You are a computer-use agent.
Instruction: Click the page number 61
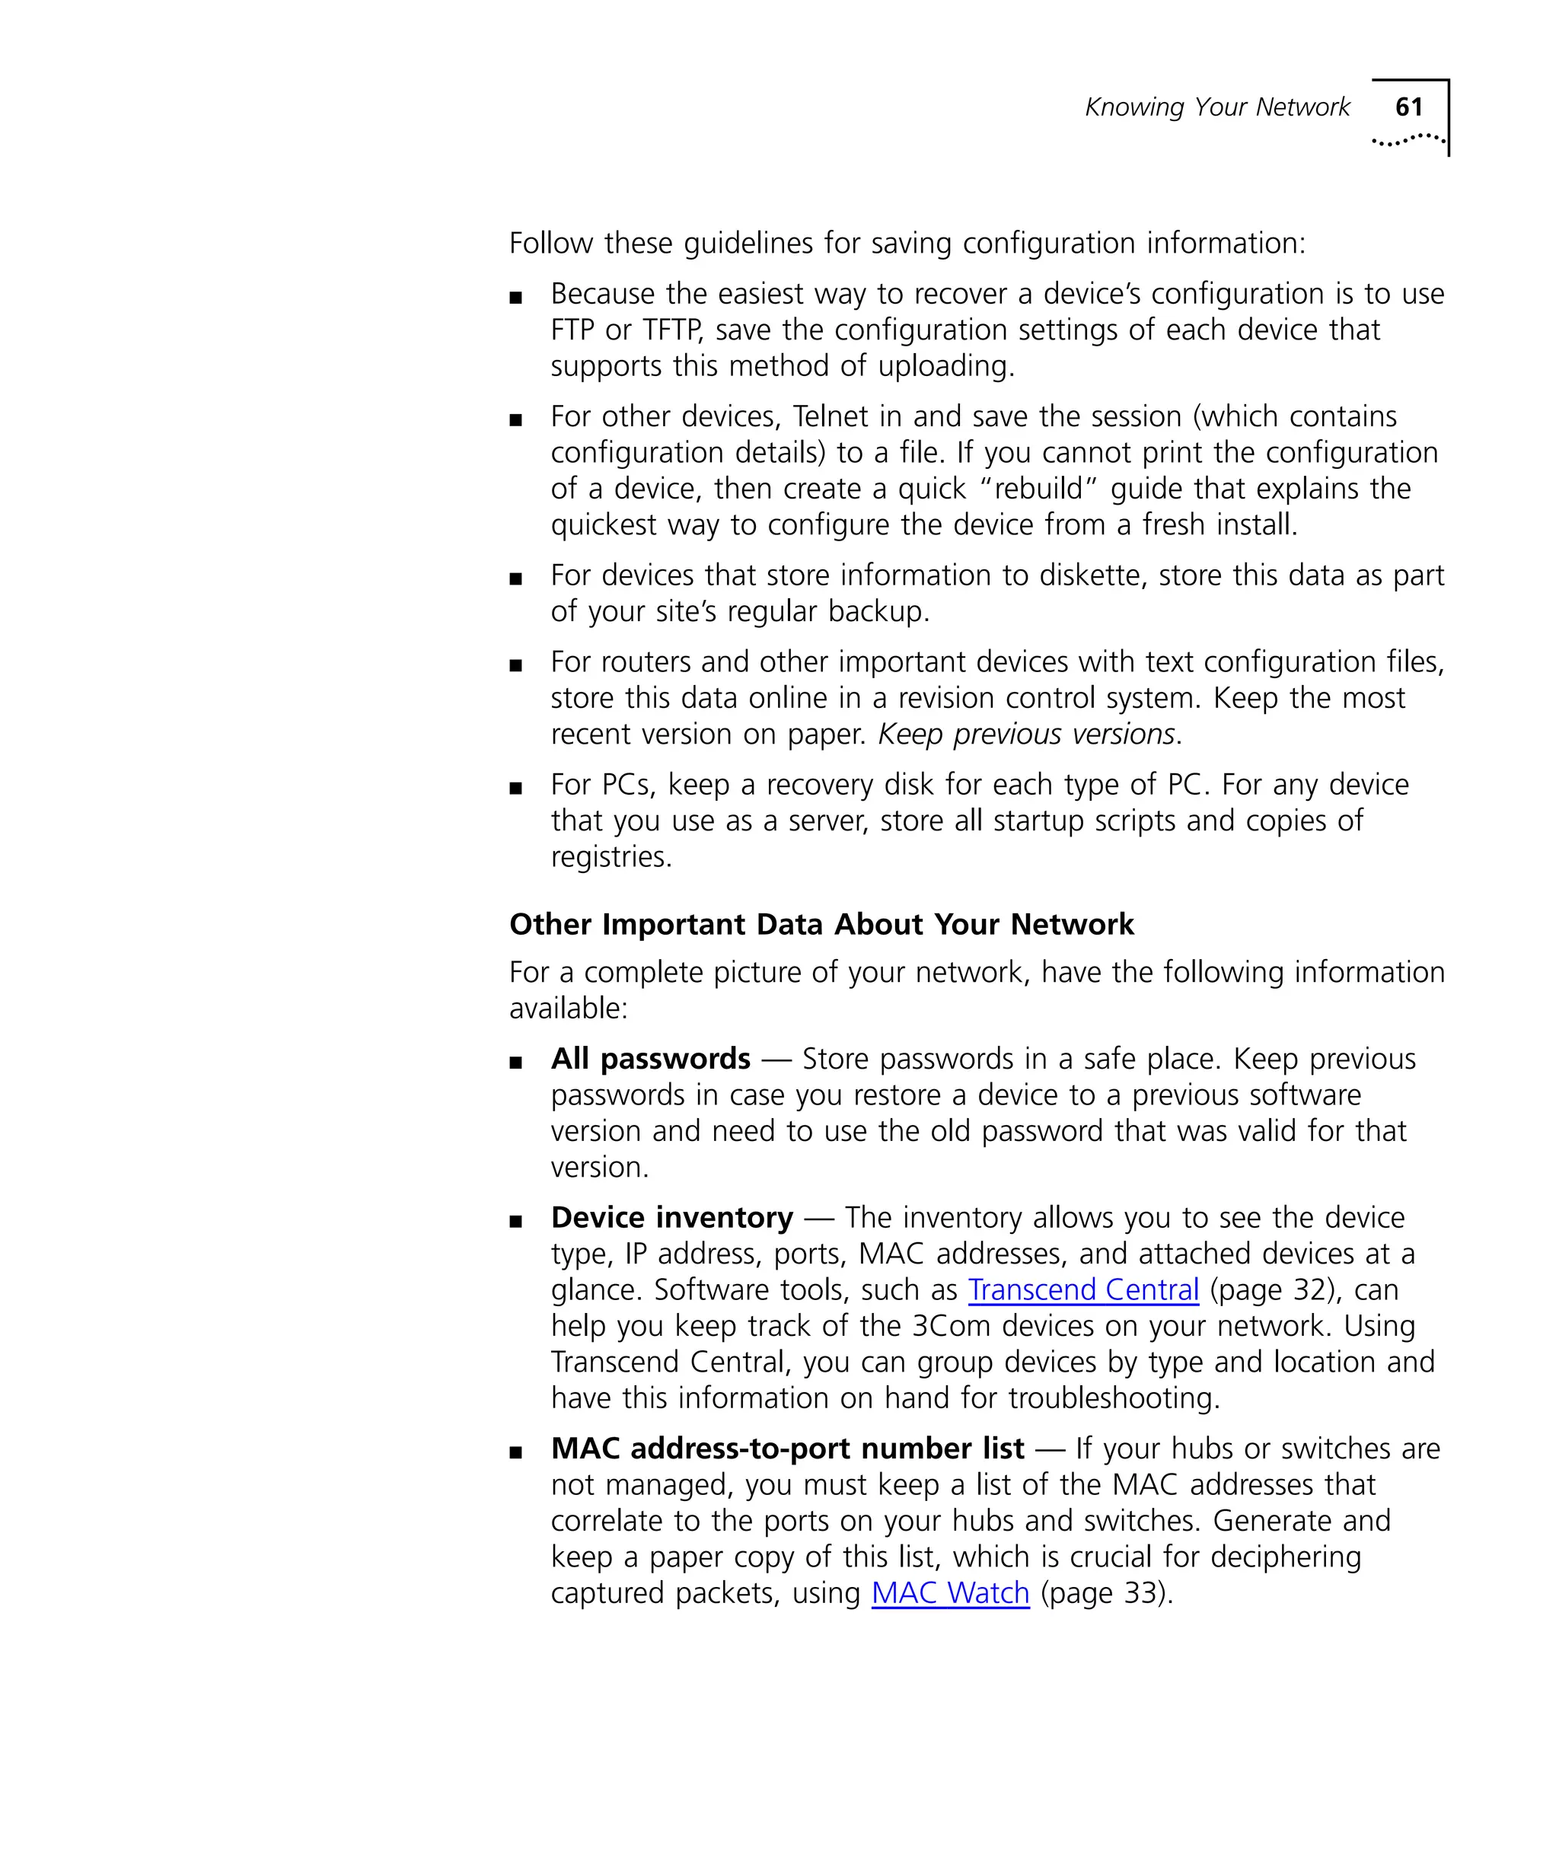[x=1408, y=107]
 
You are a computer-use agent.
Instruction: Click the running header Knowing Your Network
[x=1216, y=107]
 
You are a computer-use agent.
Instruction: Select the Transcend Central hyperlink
[x=1082, y=1289]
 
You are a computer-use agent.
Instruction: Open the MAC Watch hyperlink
[x=949, y=1593]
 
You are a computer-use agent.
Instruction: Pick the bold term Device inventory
[x=672, y=1217]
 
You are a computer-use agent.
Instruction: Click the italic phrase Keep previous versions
[x=1026, y=734]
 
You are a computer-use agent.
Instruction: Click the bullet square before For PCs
[x=515, y=788]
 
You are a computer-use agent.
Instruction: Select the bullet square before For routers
[x=515, y=665]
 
